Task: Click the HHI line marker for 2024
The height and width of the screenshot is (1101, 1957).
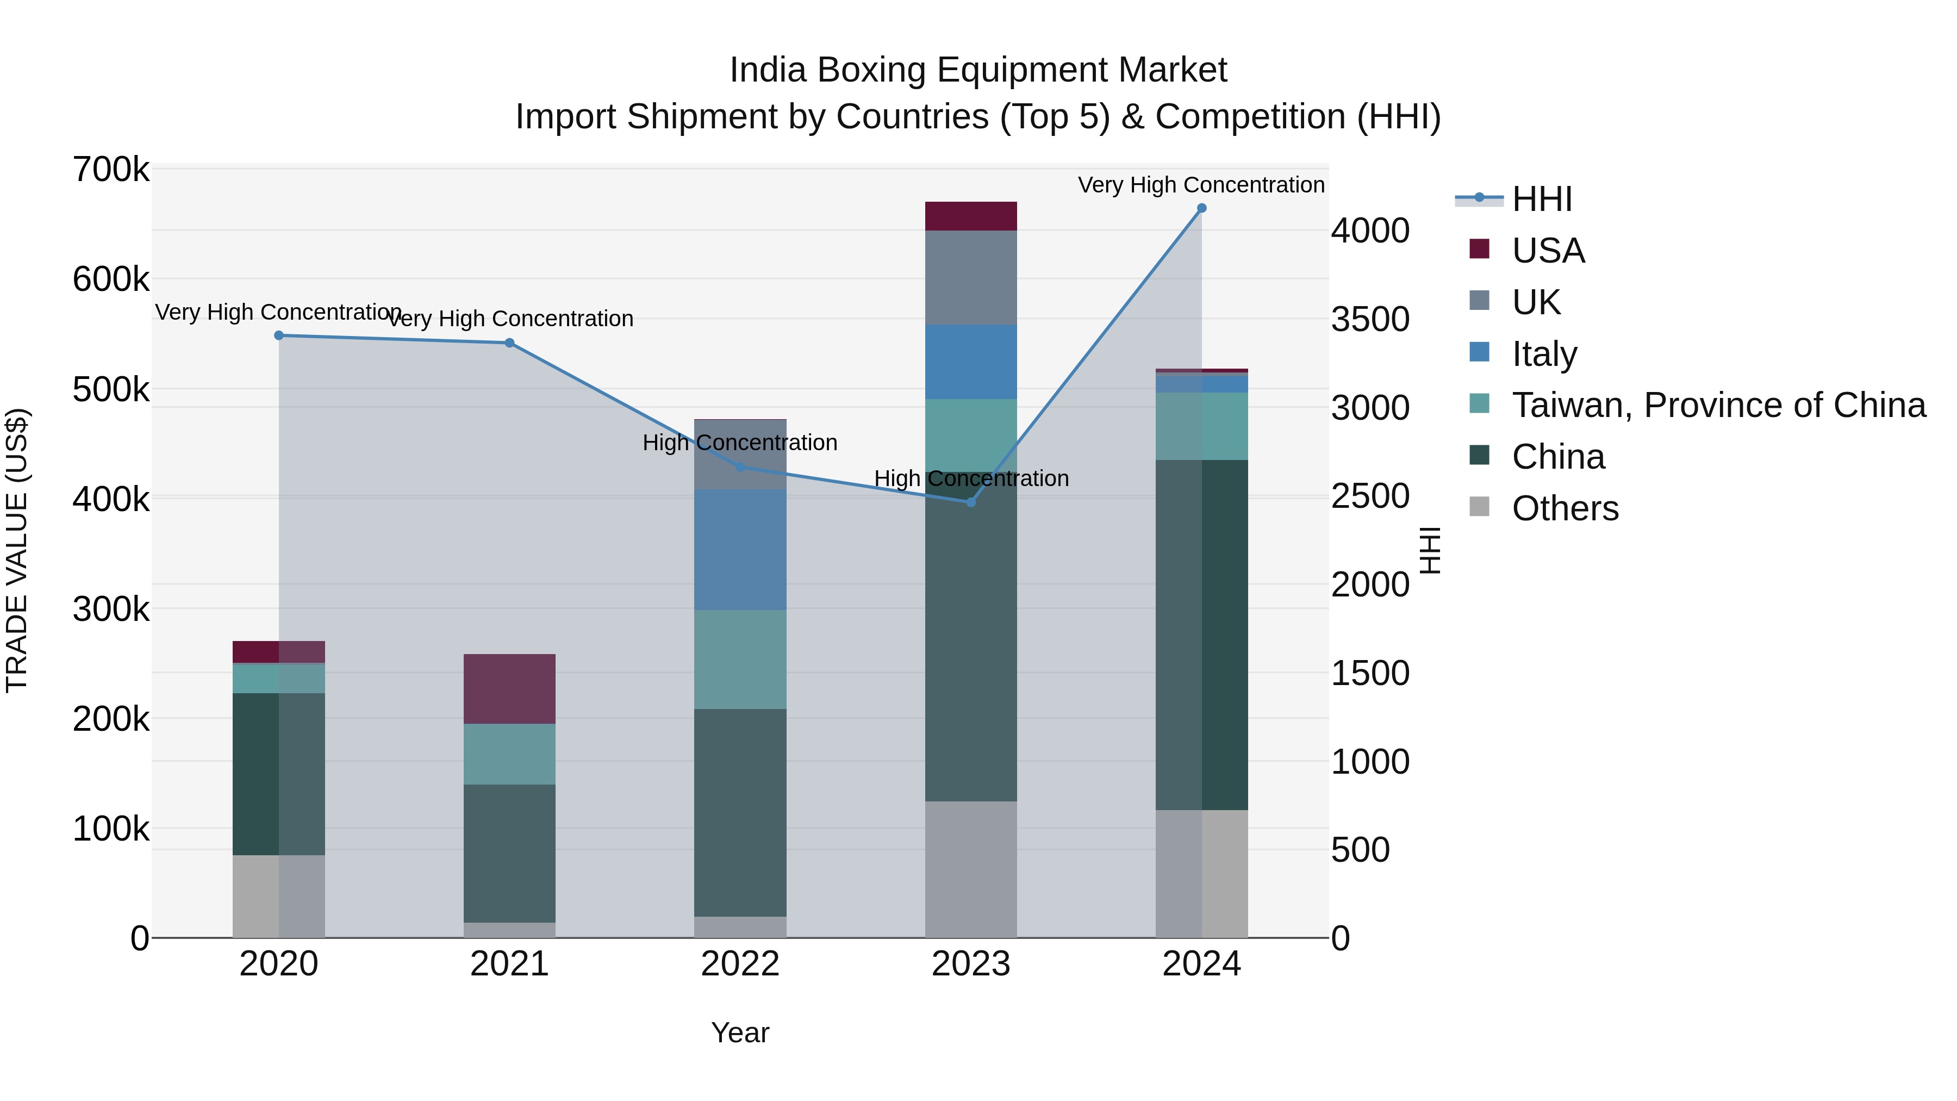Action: (x=1201, y=208)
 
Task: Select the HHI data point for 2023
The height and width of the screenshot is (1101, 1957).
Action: (x=970, y=502)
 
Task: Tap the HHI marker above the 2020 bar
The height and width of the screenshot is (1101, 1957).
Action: (x=279, y=335)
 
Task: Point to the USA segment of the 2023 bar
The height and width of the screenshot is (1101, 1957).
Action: (x=970, y=216)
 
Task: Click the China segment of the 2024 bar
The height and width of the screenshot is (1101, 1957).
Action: (x=1201, y=635)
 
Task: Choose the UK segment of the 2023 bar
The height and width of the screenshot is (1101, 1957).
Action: (x=970, y=277)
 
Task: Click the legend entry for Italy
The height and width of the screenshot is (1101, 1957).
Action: (x=1544, y=354)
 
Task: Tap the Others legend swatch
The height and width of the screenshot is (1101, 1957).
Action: (x=1479, y=507)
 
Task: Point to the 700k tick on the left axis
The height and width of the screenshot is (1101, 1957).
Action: (x=111, y=170)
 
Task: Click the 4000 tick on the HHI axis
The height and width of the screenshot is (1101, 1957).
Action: (x=1370, y=231)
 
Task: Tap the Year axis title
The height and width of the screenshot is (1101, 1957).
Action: (x=740, y=1032)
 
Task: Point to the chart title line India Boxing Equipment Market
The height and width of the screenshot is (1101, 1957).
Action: (x=978, y=70)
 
